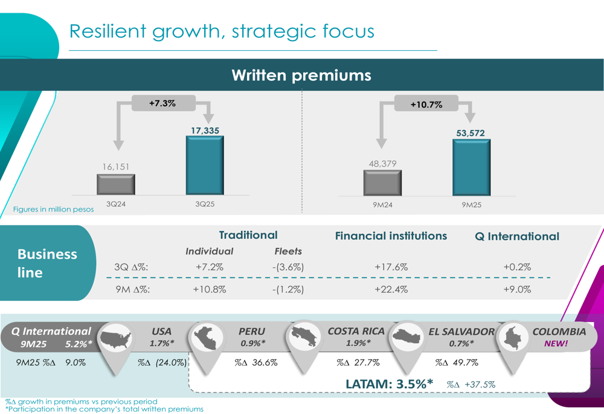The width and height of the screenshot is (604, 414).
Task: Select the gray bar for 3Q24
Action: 115,184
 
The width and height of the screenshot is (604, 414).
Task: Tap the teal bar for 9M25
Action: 471,167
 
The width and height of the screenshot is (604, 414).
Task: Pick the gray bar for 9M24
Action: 382,183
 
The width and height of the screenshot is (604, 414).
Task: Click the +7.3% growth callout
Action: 162,103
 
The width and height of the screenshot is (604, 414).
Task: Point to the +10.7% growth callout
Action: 426,105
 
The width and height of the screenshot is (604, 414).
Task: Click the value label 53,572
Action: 471,133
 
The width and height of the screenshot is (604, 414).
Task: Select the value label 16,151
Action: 115,166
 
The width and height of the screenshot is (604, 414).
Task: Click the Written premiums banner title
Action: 301,76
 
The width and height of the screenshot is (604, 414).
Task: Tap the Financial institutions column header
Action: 391,236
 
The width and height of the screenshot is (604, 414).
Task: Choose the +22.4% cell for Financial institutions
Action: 391,289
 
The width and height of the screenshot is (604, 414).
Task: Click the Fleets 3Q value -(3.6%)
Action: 288,267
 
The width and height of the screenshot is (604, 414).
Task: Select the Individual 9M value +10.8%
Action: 209,289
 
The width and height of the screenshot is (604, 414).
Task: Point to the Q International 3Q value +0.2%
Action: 516,267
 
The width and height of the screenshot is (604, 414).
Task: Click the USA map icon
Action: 116,340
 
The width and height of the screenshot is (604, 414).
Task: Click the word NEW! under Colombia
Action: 556,343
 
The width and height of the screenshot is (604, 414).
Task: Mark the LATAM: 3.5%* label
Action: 390,384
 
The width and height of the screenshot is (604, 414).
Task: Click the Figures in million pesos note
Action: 54,210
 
